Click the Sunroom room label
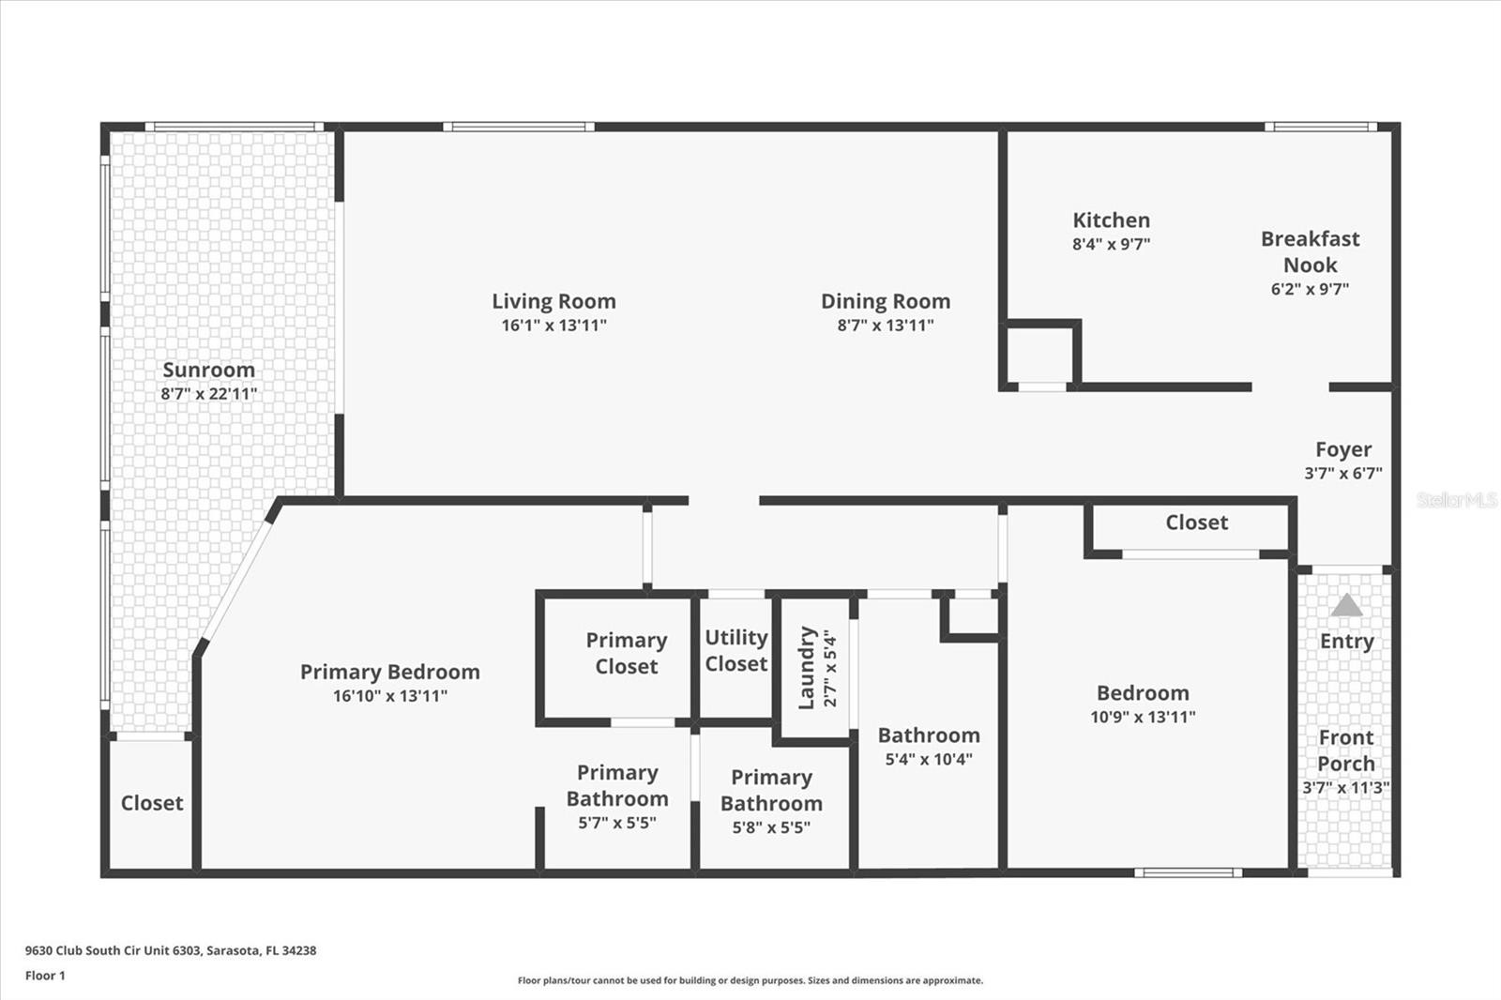point(208,370)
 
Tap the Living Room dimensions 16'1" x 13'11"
point(554,326)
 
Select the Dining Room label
point(886,302)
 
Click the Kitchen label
point(1111,220)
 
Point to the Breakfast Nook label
point(1310,252)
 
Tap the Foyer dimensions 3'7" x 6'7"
point(1342,473)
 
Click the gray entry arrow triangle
point(1347,605)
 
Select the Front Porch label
point(1346,750)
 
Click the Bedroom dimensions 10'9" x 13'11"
point(1144,717)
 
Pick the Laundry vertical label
point(807,668)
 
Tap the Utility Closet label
point(736,650)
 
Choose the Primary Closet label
point(627,653)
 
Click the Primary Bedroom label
point(390,672)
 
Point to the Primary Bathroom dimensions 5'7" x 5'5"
point(617,823)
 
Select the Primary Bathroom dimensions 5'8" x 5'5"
point(771,827)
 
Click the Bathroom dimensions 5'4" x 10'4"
point(929,760)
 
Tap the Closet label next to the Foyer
point(1197,523)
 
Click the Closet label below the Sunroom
point(152,803)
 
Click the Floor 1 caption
point(46,976)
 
